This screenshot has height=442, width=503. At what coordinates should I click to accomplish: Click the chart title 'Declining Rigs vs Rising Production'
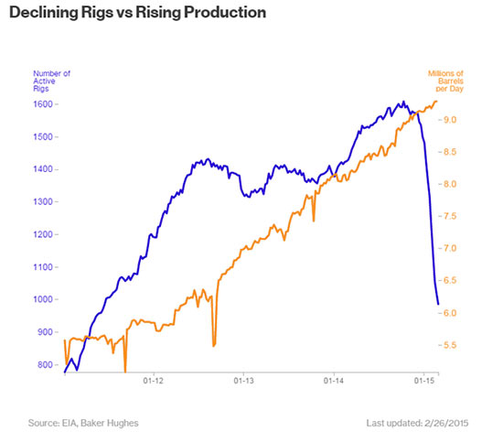pyautogui.click(x=137, y=14)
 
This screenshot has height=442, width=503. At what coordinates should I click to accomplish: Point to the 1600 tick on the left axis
pyautogui.click(x=45, y=104)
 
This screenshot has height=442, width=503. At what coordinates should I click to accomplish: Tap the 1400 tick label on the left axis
pyautogui.click(x=45, y=169)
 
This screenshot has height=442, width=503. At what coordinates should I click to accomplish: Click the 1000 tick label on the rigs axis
pyautogui.click(x=45, y=299)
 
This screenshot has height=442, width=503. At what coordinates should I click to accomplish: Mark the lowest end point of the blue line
pyautogui.click(x=438, y=304)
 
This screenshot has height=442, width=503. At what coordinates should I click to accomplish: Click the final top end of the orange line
pyautogui.click(x=437, y=101)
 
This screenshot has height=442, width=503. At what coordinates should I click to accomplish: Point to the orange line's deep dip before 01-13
pyautogui.click(x=213, y=345)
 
